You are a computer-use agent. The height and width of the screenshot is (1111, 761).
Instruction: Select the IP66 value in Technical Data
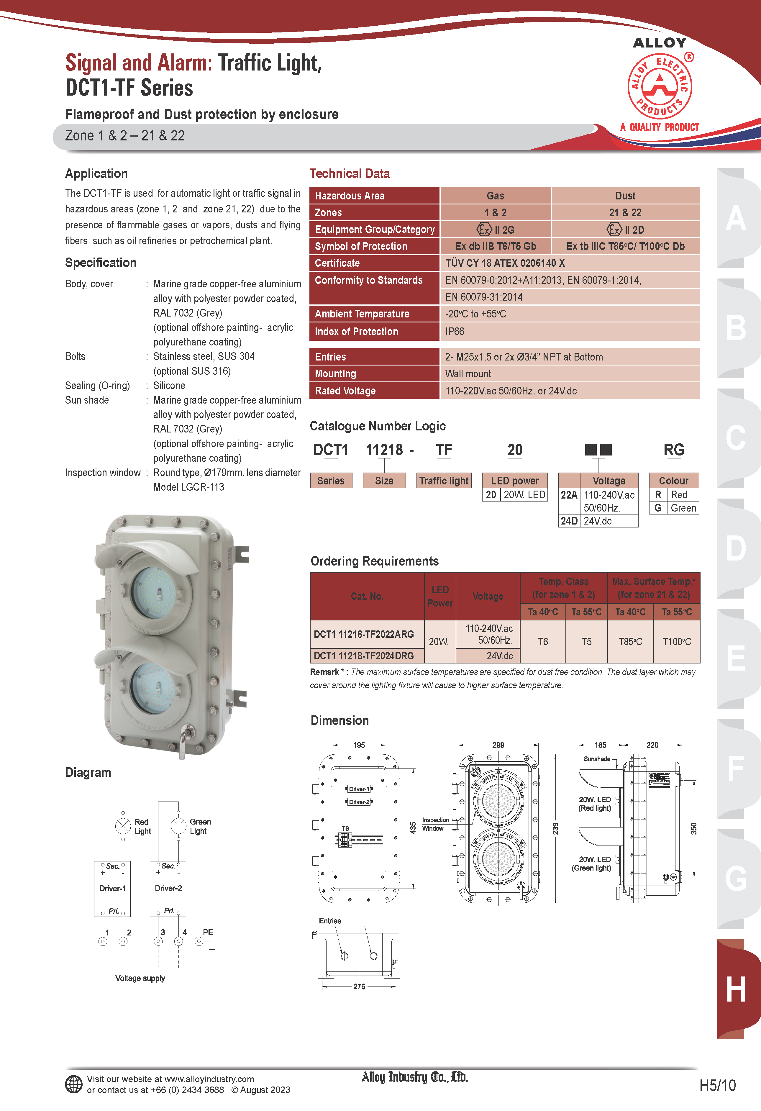pos(455,331)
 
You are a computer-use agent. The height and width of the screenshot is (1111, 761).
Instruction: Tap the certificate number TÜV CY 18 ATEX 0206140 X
pos(505,263)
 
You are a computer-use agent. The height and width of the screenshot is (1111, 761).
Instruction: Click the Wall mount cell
pos(468,374)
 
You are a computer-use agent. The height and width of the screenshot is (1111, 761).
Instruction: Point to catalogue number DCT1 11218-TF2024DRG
pos(364,656)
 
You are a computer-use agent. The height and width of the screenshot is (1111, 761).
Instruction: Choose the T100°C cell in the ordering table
pos(676,642)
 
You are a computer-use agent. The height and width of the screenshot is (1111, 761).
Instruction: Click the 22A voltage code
pos(569,495)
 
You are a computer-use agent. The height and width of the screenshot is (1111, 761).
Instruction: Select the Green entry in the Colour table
pos(683,508)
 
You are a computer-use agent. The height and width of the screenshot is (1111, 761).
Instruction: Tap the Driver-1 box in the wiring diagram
pos(112,888)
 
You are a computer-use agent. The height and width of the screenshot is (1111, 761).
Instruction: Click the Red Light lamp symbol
pos(123,826)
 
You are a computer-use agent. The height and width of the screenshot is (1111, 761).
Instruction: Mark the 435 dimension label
pos(413,828)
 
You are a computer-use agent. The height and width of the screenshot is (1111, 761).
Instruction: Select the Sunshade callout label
pos(597,759)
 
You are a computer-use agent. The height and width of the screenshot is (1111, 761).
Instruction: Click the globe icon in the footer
pos(74,1084)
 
